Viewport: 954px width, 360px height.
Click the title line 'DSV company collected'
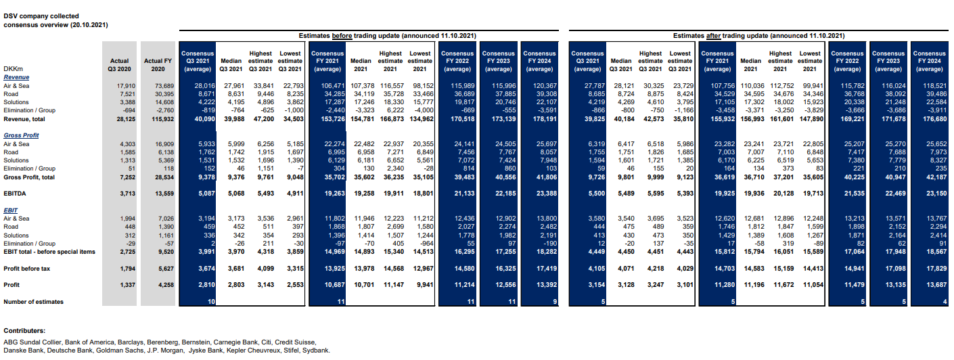pyautogui.click(x=41, y=16)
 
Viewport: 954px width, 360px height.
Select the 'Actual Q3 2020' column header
pyautogui.click(x=118, y=64)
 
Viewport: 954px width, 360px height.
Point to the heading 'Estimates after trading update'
pyautogui.click(x=758, y=35)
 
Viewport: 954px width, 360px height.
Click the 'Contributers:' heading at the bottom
pyautogui.click(x=24, y=331)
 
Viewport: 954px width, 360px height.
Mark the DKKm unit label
pyautogui.click(x=14, y=69)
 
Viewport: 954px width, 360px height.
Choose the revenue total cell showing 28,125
pyautogui.click(x=121, y=119)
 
